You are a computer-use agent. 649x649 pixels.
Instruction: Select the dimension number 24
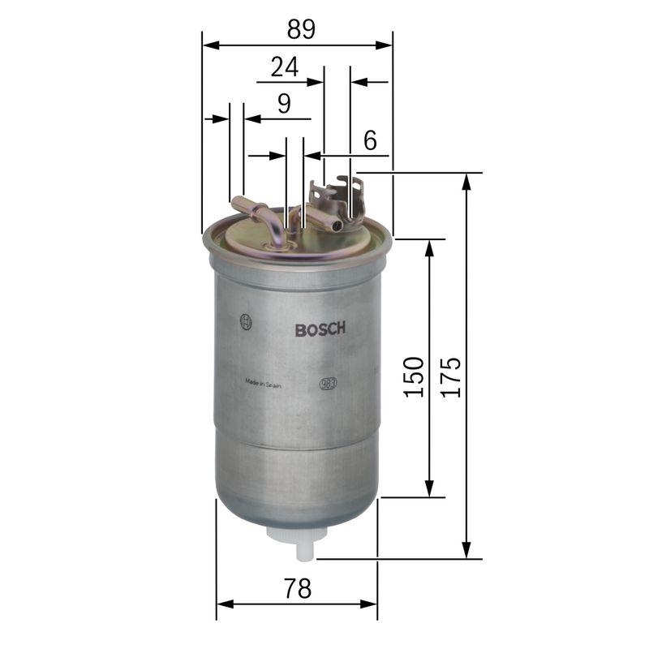(x=284, y=67)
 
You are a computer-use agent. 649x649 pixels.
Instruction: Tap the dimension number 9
(x=283, y=103)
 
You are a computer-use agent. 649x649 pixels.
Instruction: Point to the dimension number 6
(x=370, y=140)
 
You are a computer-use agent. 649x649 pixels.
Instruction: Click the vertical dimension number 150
(x=413, y=376)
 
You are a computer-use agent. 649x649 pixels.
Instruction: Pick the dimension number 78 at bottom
(x=298, y=588)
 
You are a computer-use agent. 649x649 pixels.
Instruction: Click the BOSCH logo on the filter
(x=320, y=329)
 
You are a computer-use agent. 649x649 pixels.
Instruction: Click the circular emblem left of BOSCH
(x=246, y=322)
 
